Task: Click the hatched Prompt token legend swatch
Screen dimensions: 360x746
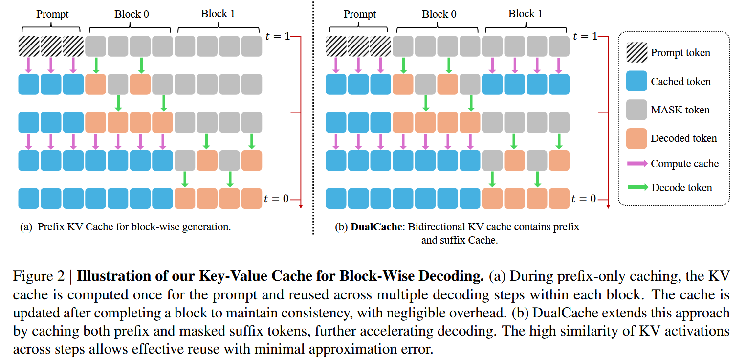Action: click(x=637, y=53)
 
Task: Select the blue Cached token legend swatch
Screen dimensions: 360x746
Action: click(x=637, y=81)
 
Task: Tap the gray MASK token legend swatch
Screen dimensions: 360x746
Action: click(x=637, y=110)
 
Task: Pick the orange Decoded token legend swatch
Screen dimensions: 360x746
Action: click(x=637, y=138)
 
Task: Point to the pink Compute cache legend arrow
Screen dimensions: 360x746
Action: click(x=637, y=164)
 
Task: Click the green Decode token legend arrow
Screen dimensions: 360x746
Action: click(x=637, y=187)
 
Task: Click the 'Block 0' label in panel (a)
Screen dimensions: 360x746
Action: click(x=132, y=14)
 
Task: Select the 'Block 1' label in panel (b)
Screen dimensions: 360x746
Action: click(x=525, y=14)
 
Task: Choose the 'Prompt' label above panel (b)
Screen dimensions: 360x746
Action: click(x=359, y=14)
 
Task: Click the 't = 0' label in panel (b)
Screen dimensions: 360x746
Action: click(x=584, y=199)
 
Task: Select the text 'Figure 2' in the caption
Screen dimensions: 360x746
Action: click(x=39, y=276)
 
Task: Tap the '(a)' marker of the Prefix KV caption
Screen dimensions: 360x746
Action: click(x=26, y=227)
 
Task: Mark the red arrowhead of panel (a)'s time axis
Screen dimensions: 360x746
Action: click(x=300, y=206)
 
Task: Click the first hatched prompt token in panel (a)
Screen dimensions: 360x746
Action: click(x=29, y=46)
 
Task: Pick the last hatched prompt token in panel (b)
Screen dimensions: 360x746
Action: click(x=381, y=46)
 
